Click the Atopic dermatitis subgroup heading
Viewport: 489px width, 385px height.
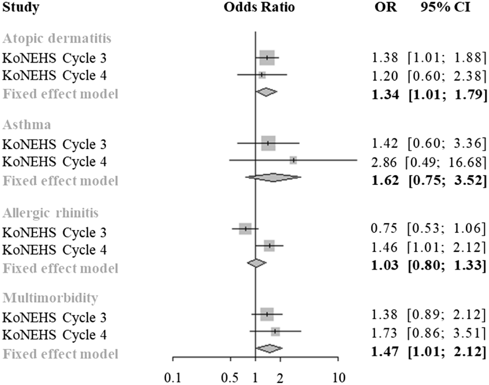(x=57, y=38)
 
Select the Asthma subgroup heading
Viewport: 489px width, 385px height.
(x=27, y=125)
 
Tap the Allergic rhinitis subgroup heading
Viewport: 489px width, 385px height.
(x=50, y=213)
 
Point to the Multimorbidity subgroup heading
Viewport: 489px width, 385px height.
(x=50, y=298)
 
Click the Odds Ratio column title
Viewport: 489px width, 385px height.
(x=259, y=7)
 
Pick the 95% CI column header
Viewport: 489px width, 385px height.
(x=445, y=7)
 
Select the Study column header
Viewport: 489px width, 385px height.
(x=21, y=7)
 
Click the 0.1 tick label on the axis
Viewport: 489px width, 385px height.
(x=173, y=378)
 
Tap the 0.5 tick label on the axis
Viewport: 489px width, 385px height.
(x=230, y=378)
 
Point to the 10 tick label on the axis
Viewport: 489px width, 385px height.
(x=338, y=378)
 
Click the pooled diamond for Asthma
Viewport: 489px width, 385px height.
(x=273, y=177)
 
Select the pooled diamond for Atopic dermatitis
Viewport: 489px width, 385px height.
(x=266, y=92)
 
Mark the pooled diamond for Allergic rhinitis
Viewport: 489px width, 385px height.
(x=256, y=263)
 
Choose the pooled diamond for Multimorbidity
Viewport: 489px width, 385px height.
(x=269, y=349)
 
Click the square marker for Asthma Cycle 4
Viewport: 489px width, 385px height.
(x=293, y=160)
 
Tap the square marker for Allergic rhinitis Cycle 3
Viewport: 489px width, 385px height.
(x=245, y=229)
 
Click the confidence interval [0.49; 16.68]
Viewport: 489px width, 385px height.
(x=445, y=162)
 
